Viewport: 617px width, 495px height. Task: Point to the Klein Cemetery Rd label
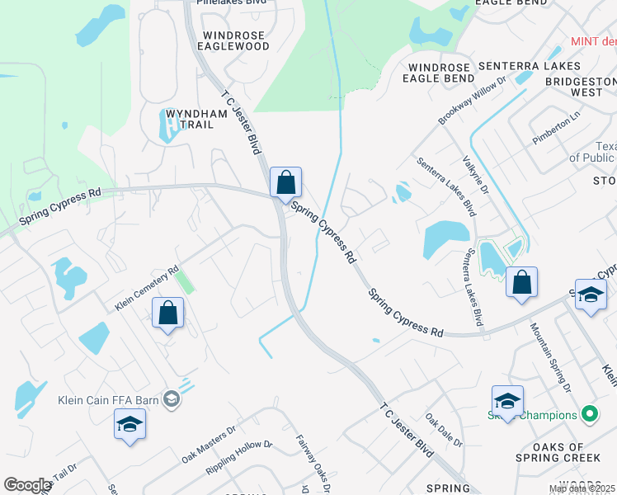[147, 286]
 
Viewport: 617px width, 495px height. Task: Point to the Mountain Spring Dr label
[551, 356]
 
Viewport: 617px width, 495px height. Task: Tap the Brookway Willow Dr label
[471, 103]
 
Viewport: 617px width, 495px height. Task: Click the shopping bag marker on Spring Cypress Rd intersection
[285, 182]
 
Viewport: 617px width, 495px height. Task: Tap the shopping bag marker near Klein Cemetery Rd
[167, 313]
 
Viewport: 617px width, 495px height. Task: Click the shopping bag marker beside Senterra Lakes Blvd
[521, 282]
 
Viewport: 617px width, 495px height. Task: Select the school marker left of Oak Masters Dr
[130, 424]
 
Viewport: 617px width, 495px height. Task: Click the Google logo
[27, 485]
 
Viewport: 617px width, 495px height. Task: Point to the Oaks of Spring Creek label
[569, 454]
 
